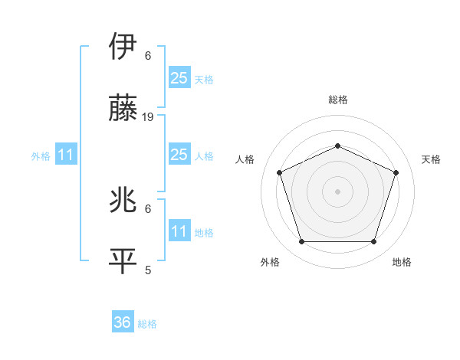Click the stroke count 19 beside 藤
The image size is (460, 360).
[149, 117]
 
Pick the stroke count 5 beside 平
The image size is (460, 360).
[148, 270]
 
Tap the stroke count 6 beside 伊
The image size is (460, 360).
[148, 56]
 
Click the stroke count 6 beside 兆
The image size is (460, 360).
[148, 208]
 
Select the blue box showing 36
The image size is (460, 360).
[123, 322]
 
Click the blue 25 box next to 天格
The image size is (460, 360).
[179, 77]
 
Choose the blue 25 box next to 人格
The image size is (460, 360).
[179, 155]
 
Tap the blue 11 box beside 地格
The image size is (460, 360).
[179, 231]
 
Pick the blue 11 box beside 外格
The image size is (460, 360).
[65, 155]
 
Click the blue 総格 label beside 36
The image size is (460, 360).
[147, 324]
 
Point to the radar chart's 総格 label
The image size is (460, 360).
[337, 100]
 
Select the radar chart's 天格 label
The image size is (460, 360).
[431, 159]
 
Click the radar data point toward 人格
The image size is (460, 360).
[279, 172]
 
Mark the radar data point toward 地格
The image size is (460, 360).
[373, 242]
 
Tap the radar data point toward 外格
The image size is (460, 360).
[301, 242]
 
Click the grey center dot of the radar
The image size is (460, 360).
[337, 191]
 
